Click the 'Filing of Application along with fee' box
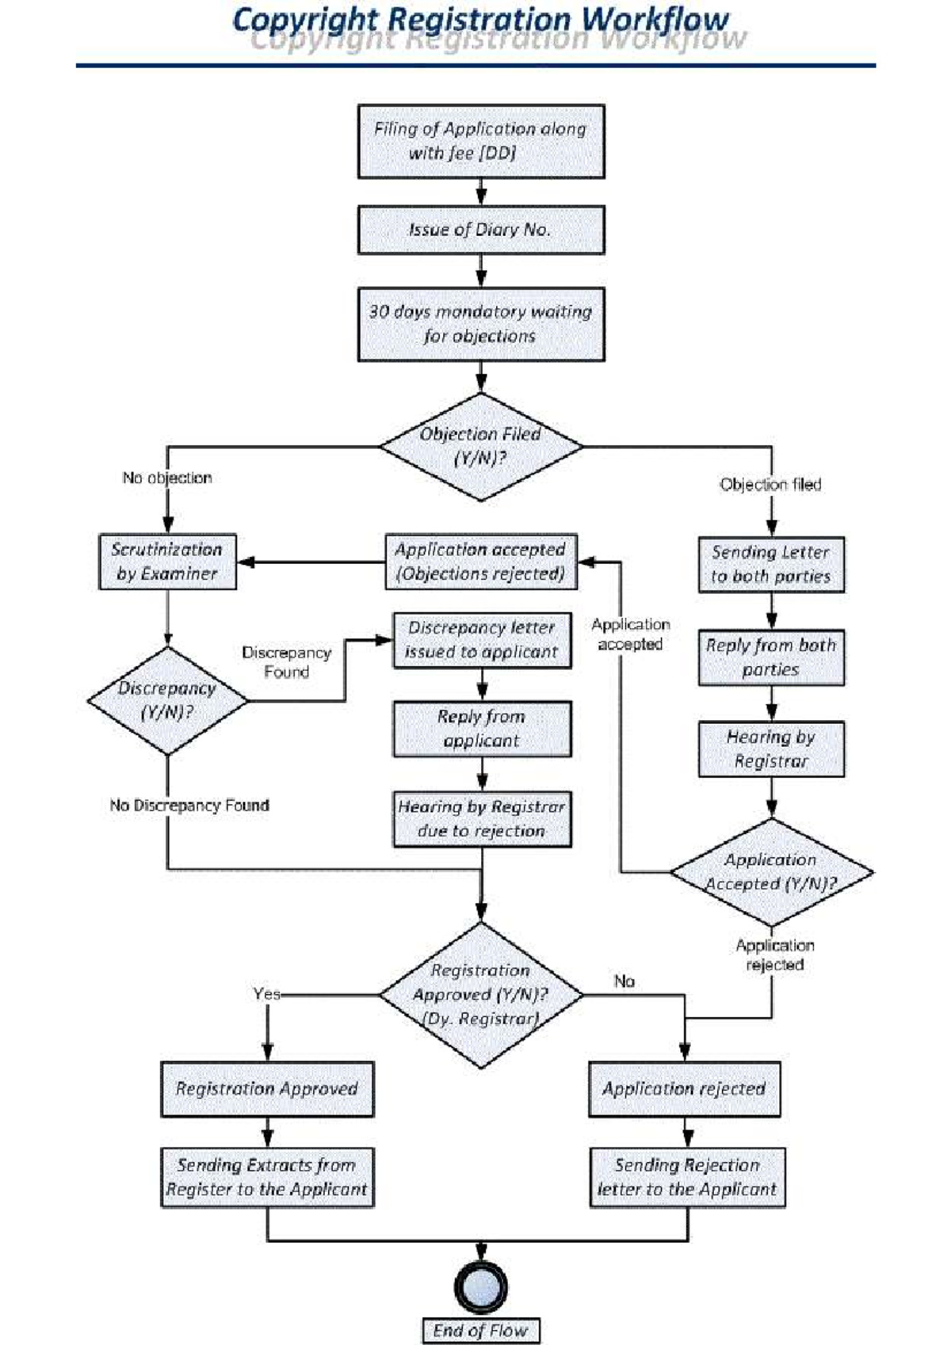click(x=480, y=141)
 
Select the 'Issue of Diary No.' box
click(x=480, y=230)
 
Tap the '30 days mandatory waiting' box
click(x=480, y=324)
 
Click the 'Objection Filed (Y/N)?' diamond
click(x=480, y=446)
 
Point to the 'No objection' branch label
click(x=167, y=478)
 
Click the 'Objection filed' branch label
click(x=770, y=484)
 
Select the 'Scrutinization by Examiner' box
click(x=167, y=562)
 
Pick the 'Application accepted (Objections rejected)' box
click(x=480, y=562)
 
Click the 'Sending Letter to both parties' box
click(x=770, y=564)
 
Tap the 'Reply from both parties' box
click(x=770, y=657)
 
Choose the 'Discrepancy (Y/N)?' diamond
click(x=167, y=700)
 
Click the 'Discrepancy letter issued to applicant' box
click(x=482, y=640)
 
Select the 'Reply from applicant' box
click(x=482, y=729)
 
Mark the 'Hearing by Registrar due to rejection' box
click(x=482, y=819)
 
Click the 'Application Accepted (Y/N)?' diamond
click(x=770, y=871)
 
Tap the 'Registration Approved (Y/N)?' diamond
click(x=480, y=994)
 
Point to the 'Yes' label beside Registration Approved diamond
click(x=266, y=993)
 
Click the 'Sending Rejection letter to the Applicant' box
click(x=686, y=1177)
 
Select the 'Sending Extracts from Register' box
click(x=267, y=1177)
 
